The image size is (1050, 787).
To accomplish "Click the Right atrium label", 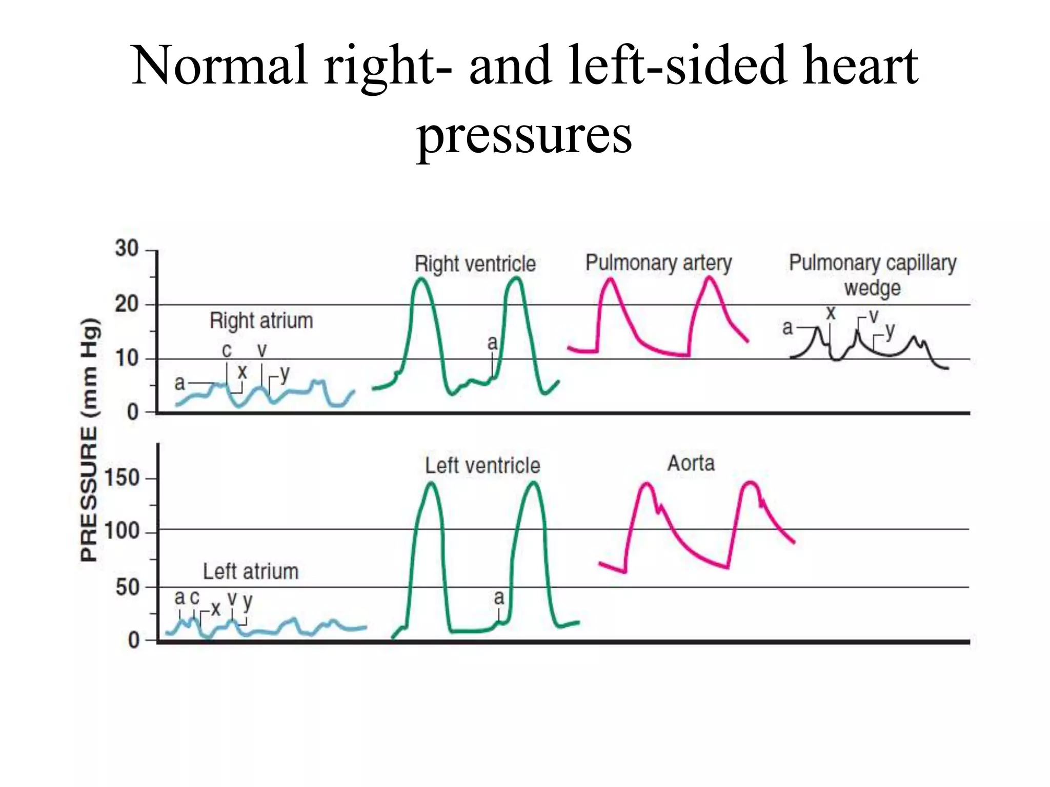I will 261,321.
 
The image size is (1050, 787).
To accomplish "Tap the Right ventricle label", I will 475,264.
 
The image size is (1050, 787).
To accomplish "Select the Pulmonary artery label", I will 658,263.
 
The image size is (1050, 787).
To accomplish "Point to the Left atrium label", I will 250,571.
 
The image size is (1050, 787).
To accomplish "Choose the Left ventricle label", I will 482,466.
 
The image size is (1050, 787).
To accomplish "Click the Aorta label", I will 691,464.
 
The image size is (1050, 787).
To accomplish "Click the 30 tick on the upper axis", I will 127,249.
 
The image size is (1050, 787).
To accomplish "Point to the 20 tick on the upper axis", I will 127,304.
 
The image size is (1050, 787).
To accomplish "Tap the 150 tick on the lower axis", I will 122,478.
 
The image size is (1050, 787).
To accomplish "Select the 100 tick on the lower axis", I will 122,531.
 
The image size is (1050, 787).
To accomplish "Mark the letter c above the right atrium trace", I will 227,350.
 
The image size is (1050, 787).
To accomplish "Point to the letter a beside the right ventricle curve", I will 492,342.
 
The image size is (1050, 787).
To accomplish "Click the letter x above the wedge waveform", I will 831,313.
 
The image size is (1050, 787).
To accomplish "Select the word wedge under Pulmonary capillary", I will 872,288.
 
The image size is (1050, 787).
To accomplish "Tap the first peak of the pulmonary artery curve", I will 610,279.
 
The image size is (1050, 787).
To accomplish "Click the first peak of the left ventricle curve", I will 432,483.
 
